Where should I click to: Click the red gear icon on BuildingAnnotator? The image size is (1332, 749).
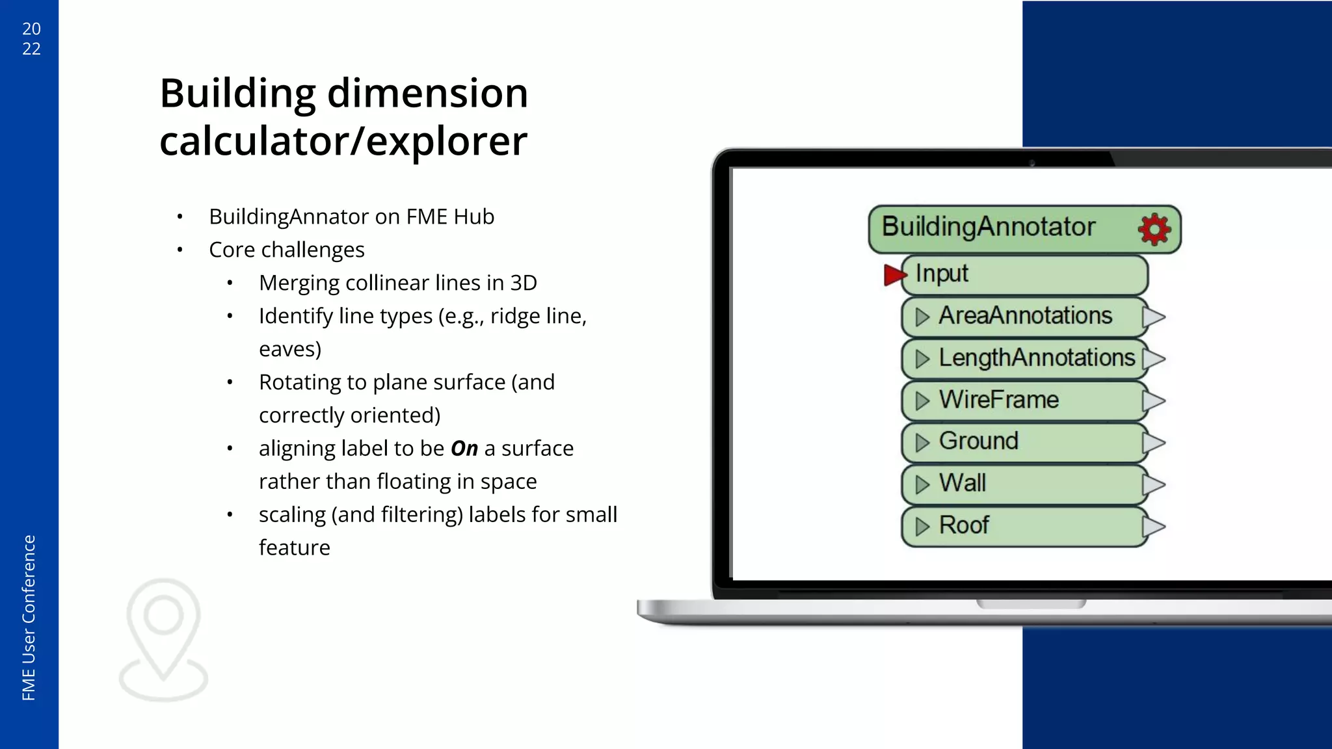(x=1154, y=229)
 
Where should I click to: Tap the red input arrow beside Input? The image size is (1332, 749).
(x=894, y=274)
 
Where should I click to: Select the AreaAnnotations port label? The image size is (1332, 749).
(x=1025, y=316)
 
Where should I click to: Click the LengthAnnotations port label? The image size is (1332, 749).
(x=1036, y=358)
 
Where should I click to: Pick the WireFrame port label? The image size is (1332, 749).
(x=998, y=400)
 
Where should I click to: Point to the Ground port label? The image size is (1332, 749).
(x=978, y=441)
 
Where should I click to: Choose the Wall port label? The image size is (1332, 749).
(x=962, y=484)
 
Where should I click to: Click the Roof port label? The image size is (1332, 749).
(x=963, y=525)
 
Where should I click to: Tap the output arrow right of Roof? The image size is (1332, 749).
(x=1154, y=526)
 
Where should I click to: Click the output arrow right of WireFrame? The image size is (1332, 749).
(x=1154, y=401)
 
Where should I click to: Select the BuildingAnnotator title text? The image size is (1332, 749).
(x=988, y=227)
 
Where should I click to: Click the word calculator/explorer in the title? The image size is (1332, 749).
(x=343, y=141)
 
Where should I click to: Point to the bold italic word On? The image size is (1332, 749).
(x=464, y=449)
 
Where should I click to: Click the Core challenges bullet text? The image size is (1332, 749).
(x=286, y=250)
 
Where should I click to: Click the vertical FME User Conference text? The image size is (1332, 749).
(x=29, y=617)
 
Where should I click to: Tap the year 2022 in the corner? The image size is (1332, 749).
(x=31, y=38)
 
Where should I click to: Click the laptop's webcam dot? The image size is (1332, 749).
(x=1032, y=163)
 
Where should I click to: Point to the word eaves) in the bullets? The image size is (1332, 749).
(x=290, y=349)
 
